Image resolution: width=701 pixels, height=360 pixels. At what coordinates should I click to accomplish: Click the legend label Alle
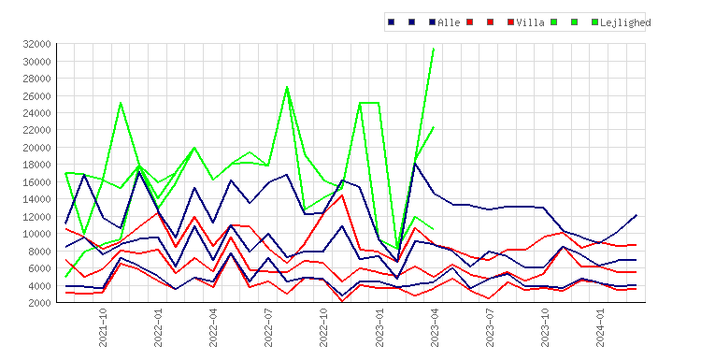(x=449, y=22)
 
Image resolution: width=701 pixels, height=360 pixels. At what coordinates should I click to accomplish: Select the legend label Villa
(x=530, y=22)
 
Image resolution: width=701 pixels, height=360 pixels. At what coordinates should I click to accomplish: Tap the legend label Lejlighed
(x=625, y=22)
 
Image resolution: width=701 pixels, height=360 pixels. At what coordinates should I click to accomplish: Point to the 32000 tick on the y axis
(x=36, y=44)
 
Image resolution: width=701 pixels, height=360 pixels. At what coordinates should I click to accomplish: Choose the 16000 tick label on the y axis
(x=36, y=182)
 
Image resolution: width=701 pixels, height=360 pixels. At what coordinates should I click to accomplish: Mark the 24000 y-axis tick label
(x=36, y=113)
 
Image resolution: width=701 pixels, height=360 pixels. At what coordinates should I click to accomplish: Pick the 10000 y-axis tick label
(x=36, y=234)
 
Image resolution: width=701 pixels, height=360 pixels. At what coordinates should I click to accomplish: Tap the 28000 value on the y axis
(x=36, y=79)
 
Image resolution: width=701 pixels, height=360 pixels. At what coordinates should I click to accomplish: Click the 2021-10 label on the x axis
(x=103, y=327)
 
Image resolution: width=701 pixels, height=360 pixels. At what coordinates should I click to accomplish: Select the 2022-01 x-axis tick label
(x=158, y=327)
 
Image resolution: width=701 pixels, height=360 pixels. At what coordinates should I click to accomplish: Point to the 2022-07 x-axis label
(x=268, y=327)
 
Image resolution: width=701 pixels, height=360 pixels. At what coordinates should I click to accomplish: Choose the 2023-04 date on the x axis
(x=435, y=327)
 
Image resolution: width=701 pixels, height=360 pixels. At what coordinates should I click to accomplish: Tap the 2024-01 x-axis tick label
(x=600, y=327)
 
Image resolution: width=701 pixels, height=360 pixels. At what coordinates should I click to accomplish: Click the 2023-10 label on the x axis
(x=545, y=327)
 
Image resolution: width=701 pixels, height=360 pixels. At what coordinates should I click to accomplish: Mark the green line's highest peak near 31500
(x=434, y=48)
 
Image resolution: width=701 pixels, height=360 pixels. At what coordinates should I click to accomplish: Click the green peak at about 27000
(x=287, y=87)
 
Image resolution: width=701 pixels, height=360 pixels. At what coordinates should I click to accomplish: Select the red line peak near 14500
(x=342, y=195)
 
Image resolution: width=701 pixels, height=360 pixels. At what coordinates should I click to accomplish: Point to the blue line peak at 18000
(x=415, y=164)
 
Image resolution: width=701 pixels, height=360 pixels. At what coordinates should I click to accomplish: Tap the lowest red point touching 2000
(x=342, y=302)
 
